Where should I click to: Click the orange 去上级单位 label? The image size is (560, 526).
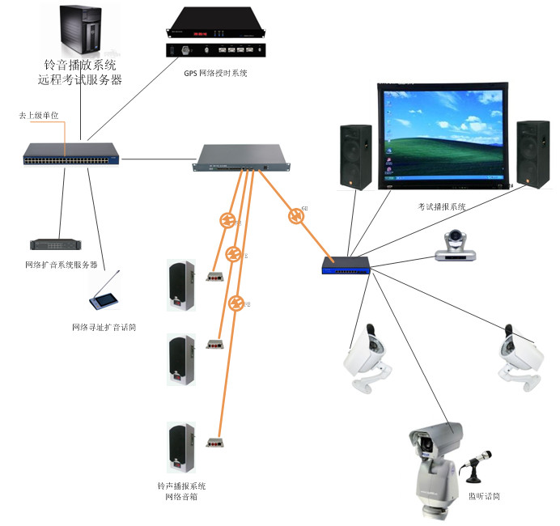click(40, 117)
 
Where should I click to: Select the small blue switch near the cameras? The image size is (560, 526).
click(346, 263)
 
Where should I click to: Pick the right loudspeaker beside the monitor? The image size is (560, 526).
click(532, 155)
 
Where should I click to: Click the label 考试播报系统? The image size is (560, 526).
click(442, 207)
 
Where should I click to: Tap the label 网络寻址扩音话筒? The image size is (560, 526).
click(104, 328)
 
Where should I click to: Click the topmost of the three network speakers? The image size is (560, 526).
click(180, 285)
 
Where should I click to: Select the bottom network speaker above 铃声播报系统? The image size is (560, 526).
click(180, 447)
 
